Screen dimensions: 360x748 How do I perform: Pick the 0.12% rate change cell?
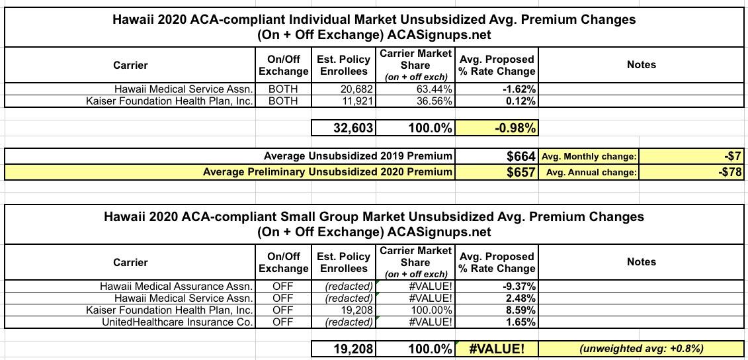(519, 101)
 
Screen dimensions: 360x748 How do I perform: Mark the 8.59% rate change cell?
(518, 310)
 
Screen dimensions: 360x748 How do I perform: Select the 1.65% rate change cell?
(518, 322)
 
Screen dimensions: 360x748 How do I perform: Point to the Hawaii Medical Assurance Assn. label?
(176, 287)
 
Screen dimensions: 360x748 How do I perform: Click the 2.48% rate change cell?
(518, 298)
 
